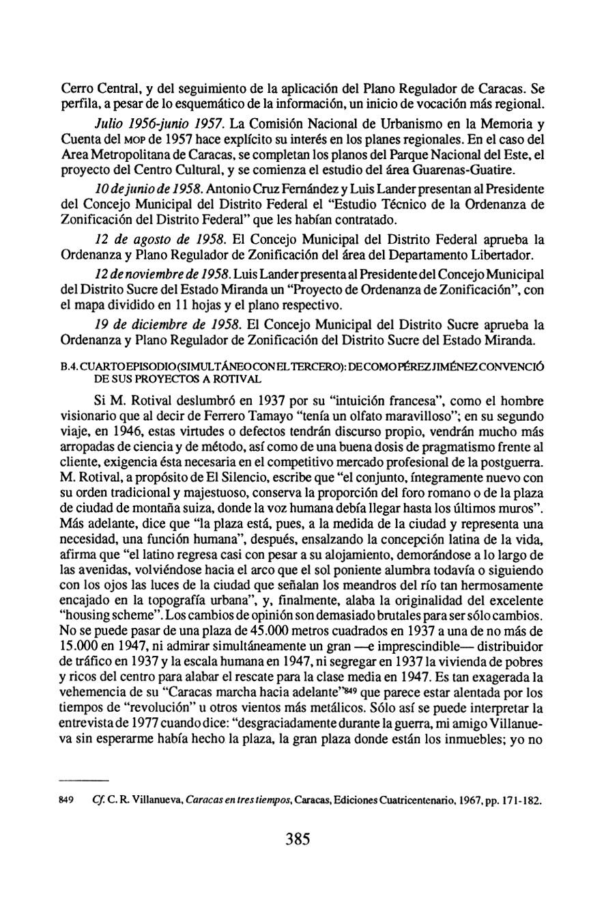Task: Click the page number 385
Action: tap(298, 839)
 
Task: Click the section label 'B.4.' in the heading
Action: tap(70, 367)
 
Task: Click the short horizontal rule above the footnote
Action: tap(85, 779)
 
